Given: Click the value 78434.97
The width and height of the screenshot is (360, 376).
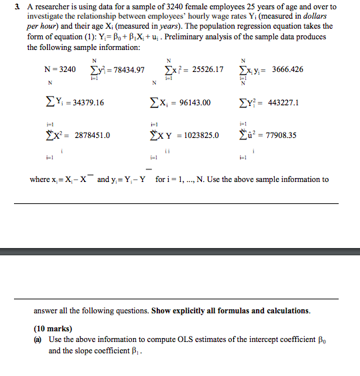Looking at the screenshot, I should [127, 69].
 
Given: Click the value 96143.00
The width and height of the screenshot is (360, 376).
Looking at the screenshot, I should [191, 103].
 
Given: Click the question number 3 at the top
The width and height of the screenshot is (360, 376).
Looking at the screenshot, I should [29, 7].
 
